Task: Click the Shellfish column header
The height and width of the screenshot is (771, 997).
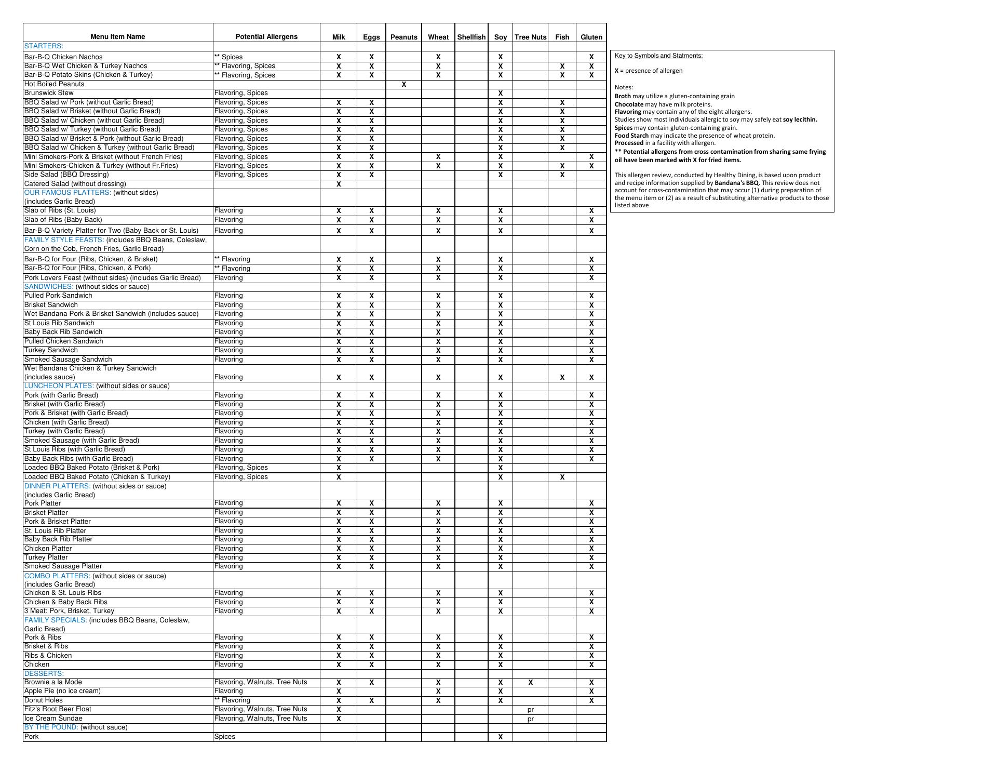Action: point(471,37)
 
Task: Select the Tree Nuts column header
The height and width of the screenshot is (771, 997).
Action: point(530,37)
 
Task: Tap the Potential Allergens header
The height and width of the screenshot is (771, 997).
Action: point(266,36)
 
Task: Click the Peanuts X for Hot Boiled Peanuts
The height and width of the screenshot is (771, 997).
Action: point(403,84)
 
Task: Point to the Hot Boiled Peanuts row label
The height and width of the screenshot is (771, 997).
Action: point(54,84)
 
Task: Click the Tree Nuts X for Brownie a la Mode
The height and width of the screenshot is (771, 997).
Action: point(530,682)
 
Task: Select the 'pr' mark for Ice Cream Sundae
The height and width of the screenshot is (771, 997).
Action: point(530,719)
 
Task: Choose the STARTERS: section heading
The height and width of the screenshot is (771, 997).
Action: point(44,46)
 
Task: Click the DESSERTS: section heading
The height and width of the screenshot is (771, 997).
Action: point(44,673)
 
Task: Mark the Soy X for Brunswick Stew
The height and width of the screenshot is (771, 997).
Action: point(500,94)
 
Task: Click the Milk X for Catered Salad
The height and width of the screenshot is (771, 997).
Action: point(339,184)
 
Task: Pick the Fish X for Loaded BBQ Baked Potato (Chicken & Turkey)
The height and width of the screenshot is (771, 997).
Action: point(562,477)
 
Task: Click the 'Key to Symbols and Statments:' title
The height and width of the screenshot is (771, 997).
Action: point(658,56)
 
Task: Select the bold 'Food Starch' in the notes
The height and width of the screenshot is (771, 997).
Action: point(631,136)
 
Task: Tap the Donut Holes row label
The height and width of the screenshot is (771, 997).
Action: point(44,700)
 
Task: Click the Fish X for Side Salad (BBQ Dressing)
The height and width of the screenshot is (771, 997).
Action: point(562,175)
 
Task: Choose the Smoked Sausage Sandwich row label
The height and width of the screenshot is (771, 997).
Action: point(68,359)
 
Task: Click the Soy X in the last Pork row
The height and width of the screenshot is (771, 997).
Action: point(500,737)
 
